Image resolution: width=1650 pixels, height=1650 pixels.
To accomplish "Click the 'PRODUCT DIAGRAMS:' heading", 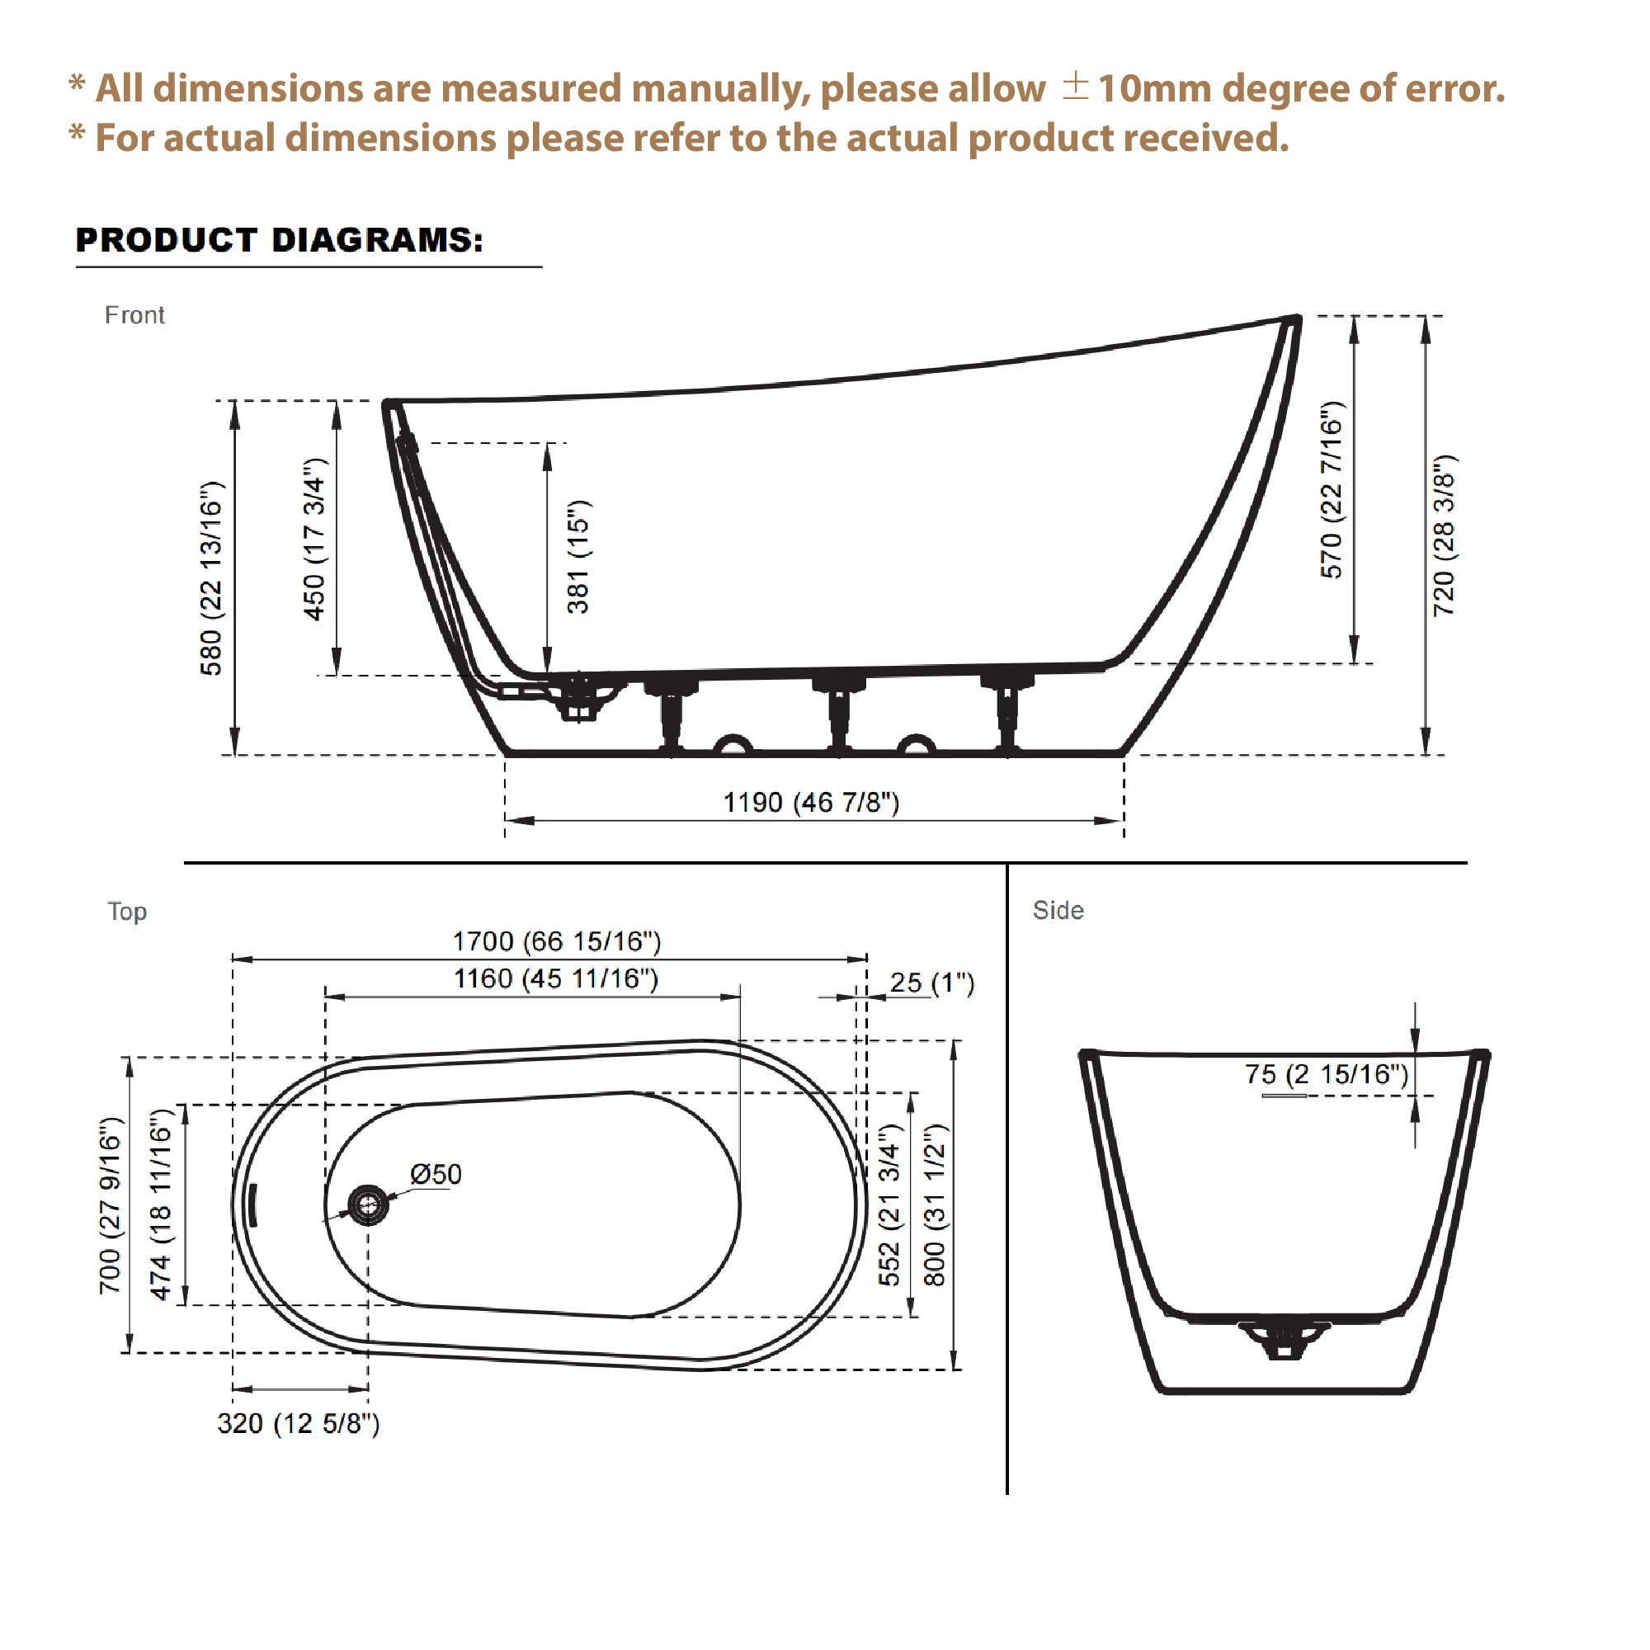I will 280,240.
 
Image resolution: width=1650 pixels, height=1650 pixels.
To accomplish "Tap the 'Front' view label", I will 134,315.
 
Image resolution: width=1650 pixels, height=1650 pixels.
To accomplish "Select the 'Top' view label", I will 127,912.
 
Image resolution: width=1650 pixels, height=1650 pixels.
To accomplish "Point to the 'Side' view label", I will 1058,911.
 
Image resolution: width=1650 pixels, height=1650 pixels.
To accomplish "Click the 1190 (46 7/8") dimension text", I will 810,803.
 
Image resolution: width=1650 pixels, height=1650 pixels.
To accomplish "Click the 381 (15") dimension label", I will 578,557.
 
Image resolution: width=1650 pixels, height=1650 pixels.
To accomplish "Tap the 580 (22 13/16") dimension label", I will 211,578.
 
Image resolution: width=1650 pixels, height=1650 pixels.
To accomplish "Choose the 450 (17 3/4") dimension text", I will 314,539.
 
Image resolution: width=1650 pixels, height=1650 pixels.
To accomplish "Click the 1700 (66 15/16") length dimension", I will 556,941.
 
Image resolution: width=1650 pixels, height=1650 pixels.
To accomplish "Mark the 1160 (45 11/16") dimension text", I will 555,978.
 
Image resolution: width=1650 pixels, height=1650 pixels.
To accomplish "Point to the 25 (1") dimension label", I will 931,983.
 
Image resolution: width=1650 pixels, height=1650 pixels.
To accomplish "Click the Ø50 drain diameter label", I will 436,1174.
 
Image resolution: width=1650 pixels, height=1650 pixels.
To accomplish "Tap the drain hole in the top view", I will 368,1205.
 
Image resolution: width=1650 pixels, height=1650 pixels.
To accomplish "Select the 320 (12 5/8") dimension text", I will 298,1424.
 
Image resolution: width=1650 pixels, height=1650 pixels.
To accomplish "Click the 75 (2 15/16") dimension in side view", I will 1326,1073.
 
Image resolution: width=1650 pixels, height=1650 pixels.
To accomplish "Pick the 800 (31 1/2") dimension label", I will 936,1205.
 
